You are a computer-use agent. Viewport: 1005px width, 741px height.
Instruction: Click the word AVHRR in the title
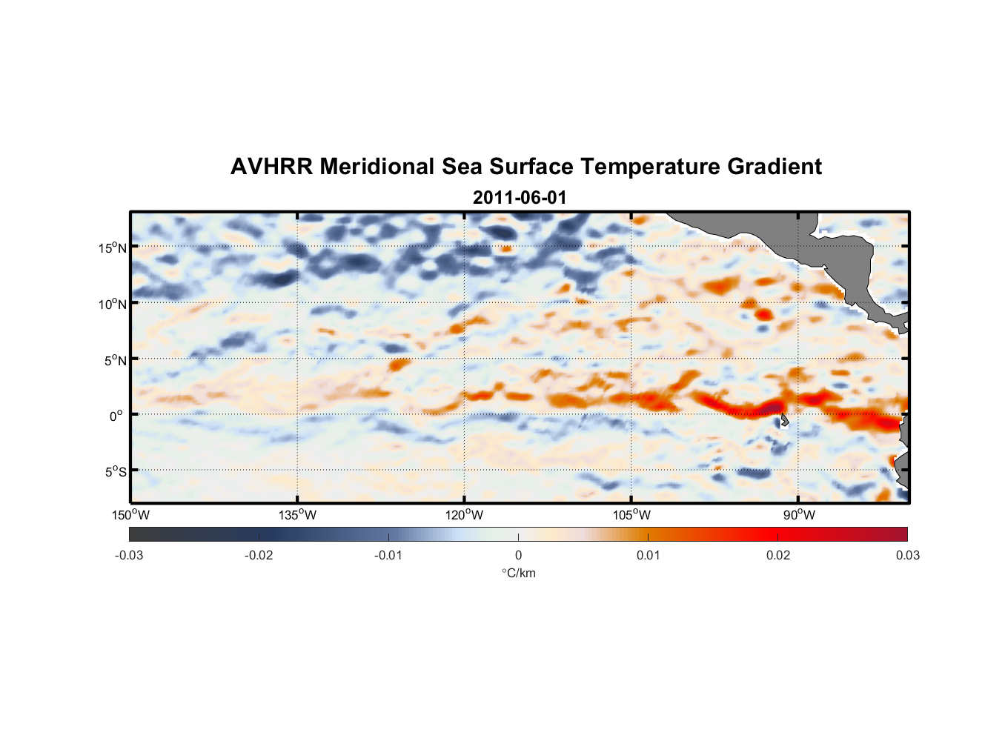tap(271, 167)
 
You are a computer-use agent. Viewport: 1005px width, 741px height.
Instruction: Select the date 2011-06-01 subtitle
tap(520, 198)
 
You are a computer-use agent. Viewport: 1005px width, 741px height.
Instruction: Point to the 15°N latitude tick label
tap(113, 247)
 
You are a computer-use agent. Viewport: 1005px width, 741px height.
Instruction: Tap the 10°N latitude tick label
tap(113, 304)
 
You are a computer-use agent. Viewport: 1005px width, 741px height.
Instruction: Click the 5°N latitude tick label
tap(115, 360)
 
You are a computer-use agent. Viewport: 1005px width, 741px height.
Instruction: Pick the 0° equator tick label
tap(116, 416)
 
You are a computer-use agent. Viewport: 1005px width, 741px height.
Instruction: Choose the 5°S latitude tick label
tap(115, 472)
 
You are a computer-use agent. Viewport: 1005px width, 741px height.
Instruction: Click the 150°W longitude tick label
tap(131, 515)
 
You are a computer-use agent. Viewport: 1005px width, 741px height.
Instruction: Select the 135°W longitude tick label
tap(298, 515)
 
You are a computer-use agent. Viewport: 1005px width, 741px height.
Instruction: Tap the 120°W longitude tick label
tap(465, 515)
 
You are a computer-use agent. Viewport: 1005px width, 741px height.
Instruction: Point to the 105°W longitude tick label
tap(631, 515)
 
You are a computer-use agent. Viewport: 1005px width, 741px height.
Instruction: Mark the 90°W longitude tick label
tap(799, 515)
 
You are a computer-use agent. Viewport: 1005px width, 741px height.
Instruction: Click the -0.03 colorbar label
tap(129, 556)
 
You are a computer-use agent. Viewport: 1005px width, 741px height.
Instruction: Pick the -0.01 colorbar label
tap(388, 556)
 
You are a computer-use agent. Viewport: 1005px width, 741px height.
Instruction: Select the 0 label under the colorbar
tap(518, 556)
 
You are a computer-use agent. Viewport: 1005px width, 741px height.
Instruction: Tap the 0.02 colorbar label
tap(778, 556)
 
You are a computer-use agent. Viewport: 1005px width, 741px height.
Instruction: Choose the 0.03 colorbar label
tap(907, 556)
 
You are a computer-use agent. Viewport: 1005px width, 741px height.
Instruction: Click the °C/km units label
tap(519, 573)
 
